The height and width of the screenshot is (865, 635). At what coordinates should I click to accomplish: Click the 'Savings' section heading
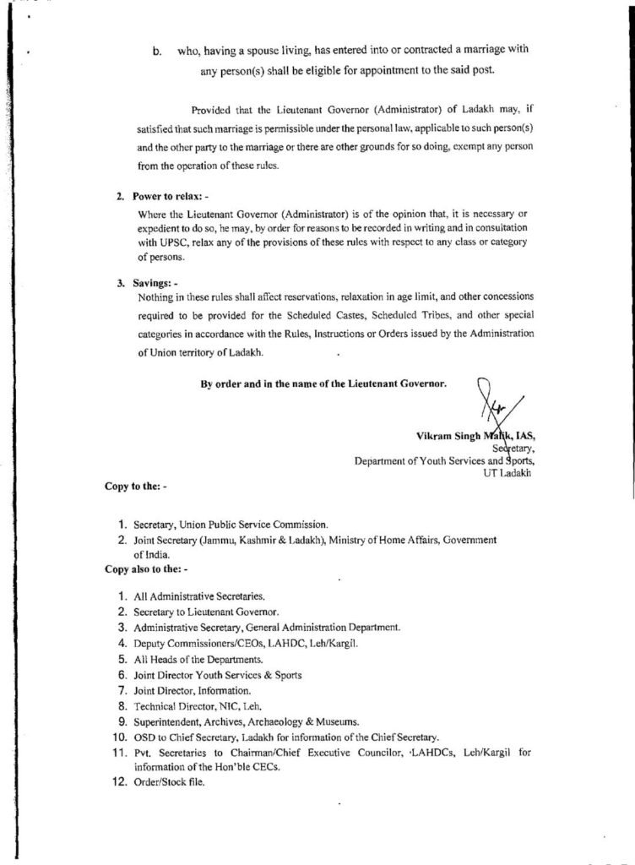coord(155,283)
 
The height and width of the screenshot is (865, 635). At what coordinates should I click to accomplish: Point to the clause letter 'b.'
coord(157,51)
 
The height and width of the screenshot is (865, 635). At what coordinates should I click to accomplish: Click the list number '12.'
coord(119,781)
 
